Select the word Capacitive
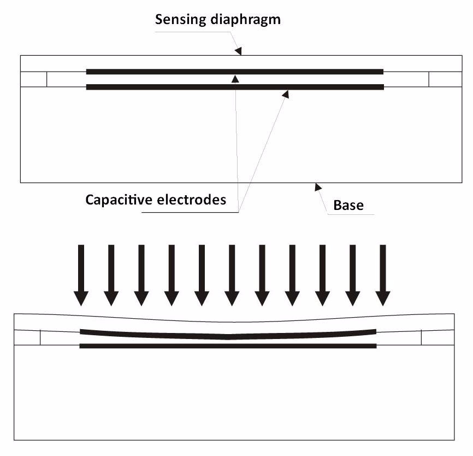coord(116,200)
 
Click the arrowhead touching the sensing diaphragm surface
coord(238,51)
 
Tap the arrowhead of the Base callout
coord(318,188)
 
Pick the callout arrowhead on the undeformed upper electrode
coord(235,78)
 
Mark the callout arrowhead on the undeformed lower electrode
coord(285,94)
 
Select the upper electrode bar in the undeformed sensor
coord(164,72)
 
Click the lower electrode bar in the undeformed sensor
coord(164,87)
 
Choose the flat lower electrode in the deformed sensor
coord(164,346)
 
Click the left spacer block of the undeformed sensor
coord(33,79)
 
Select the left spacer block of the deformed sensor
coord(27,337)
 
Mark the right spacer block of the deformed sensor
coord(437,337)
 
